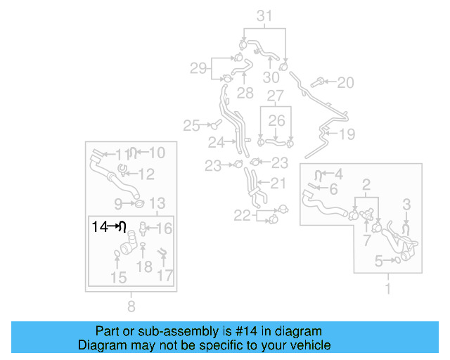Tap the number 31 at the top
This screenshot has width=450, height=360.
pos(264,15)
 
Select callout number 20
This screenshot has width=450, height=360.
pos(345,83)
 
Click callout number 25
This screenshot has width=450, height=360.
pos(192,126)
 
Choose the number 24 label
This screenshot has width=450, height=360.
pos(216,142)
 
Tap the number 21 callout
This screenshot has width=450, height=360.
pos(278,184)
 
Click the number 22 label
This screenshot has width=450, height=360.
pos(243,216)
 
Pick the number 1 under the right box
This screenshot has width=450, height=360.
pos(387,288)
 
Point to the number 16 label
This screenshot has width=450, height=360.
pos(164,228)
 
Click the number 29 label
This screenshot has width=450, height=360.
pos(198,68)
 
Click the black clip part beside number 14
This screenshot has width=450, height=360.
pos(122,226)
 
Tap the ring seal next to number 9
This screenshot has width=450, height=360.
pos(139,204)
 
